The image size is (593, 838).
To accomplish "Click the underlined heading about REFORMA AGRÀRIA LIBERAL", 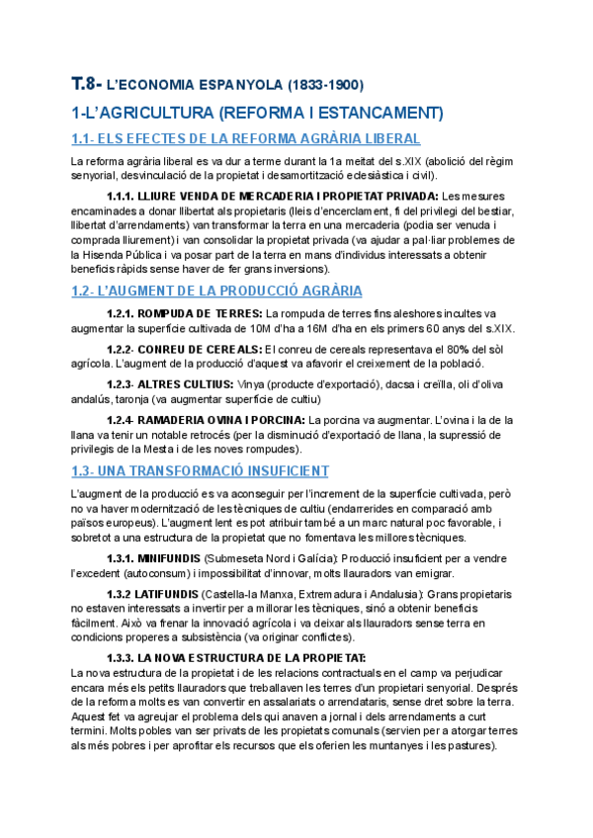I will coord(246,138).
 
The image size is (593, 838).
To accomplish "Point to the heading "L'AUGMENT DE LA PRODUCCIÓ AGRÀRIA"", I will coord(216,291).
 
